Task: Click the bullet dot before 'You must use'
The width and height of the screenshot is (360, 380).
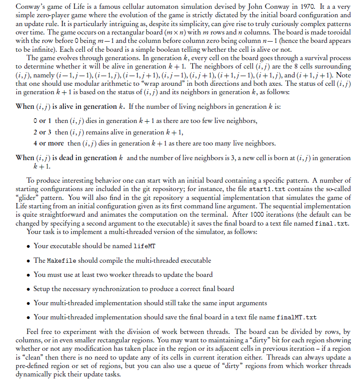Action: [x=28, y=275]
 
